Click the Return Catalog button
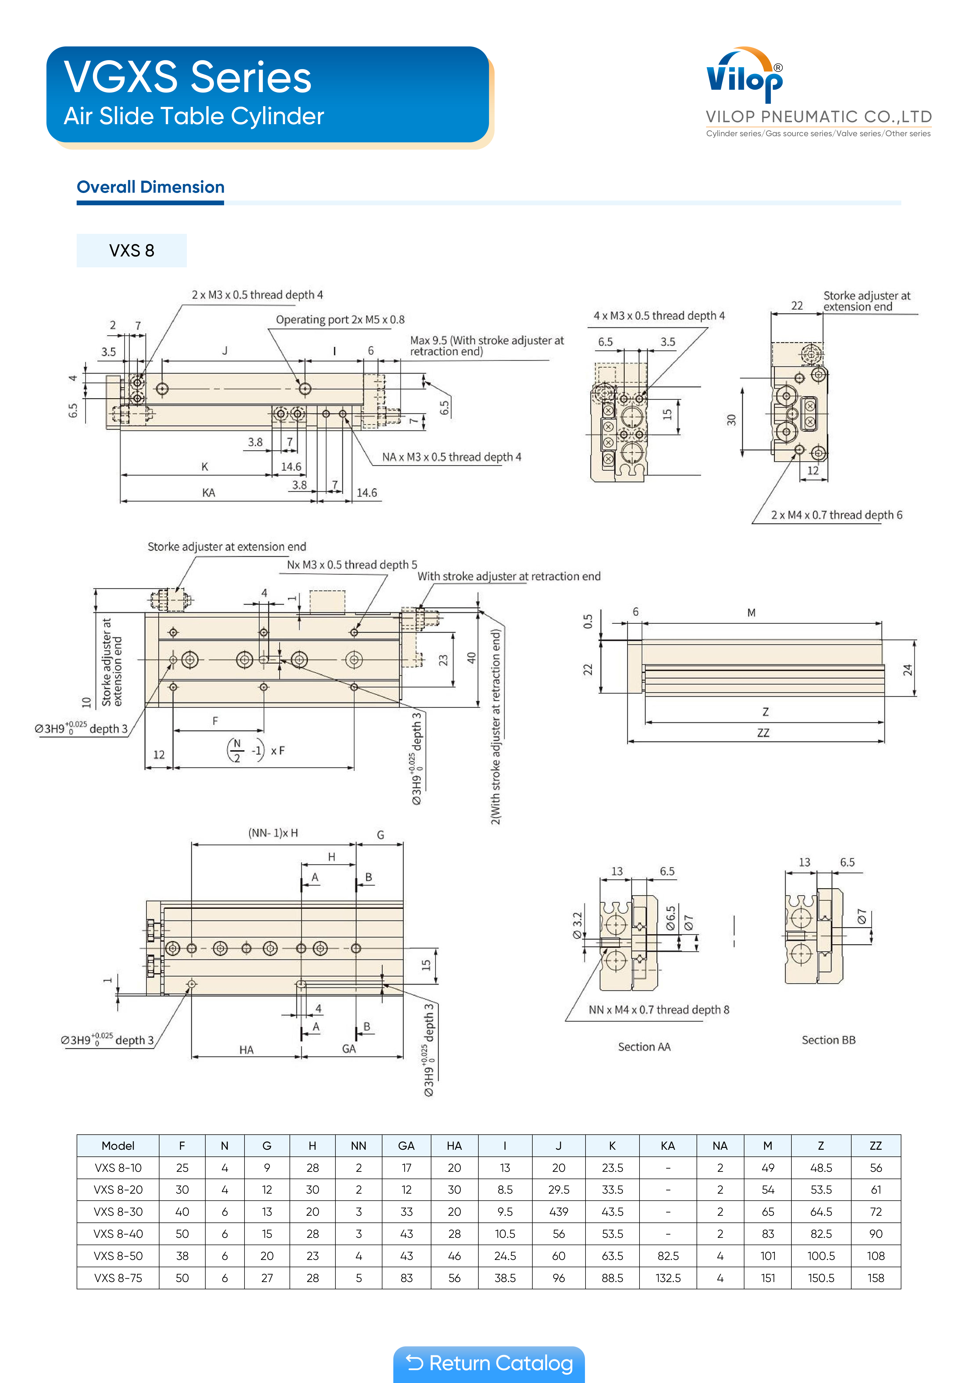489,1363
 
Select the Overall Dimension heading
151,187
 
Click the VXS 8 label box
131,251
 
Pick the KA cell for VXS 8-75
668,1278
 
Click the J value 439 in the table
559,1211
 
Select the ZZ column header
876,1146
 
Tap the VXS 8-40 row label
118,1234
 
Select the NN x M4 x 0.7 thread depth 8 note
659,1010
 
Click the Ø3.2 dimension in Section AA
577,926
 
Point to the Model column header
118,1146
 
